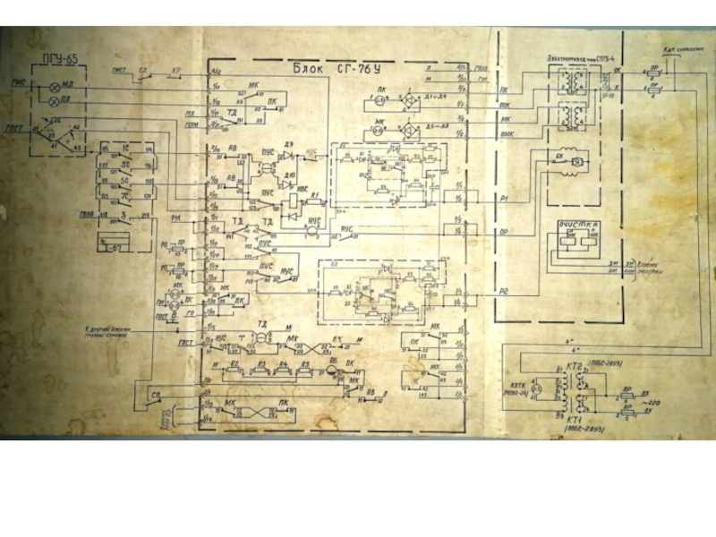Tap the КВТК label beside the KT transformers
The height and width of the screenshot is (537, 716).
tap(516, 384)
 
